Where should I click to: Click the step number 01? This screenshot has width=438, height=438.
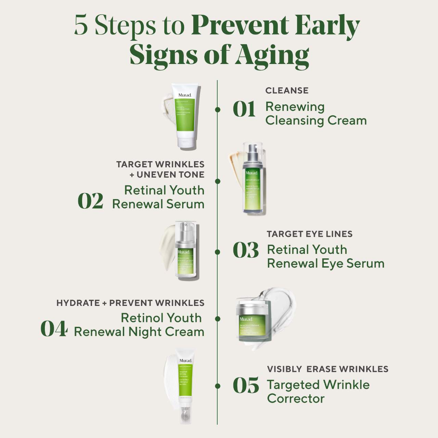pos(244,109)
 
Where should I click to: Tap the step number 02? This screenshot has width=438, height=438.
pos(90,201)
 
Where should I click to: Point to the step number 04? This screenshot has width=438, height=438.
pos(54,329)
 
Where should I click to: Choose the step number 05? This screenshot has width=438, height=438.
pos(246,386)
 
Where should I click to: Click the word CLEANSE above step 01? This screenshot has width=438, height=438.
pos(287,91)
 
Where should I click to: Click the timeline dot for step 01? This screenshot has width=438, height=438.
pos(217,109)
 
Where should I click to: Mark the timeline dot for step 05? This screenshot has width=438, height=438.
pos(217,386)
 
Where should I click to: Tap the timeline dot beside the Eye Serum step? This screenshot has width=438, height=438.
pos(217,252)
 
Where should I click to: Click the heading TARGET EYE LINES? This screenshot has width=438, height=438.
pos(309,234)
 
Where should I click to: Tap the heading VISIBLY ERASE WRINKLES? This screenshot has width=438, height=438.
pos(327,369)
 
